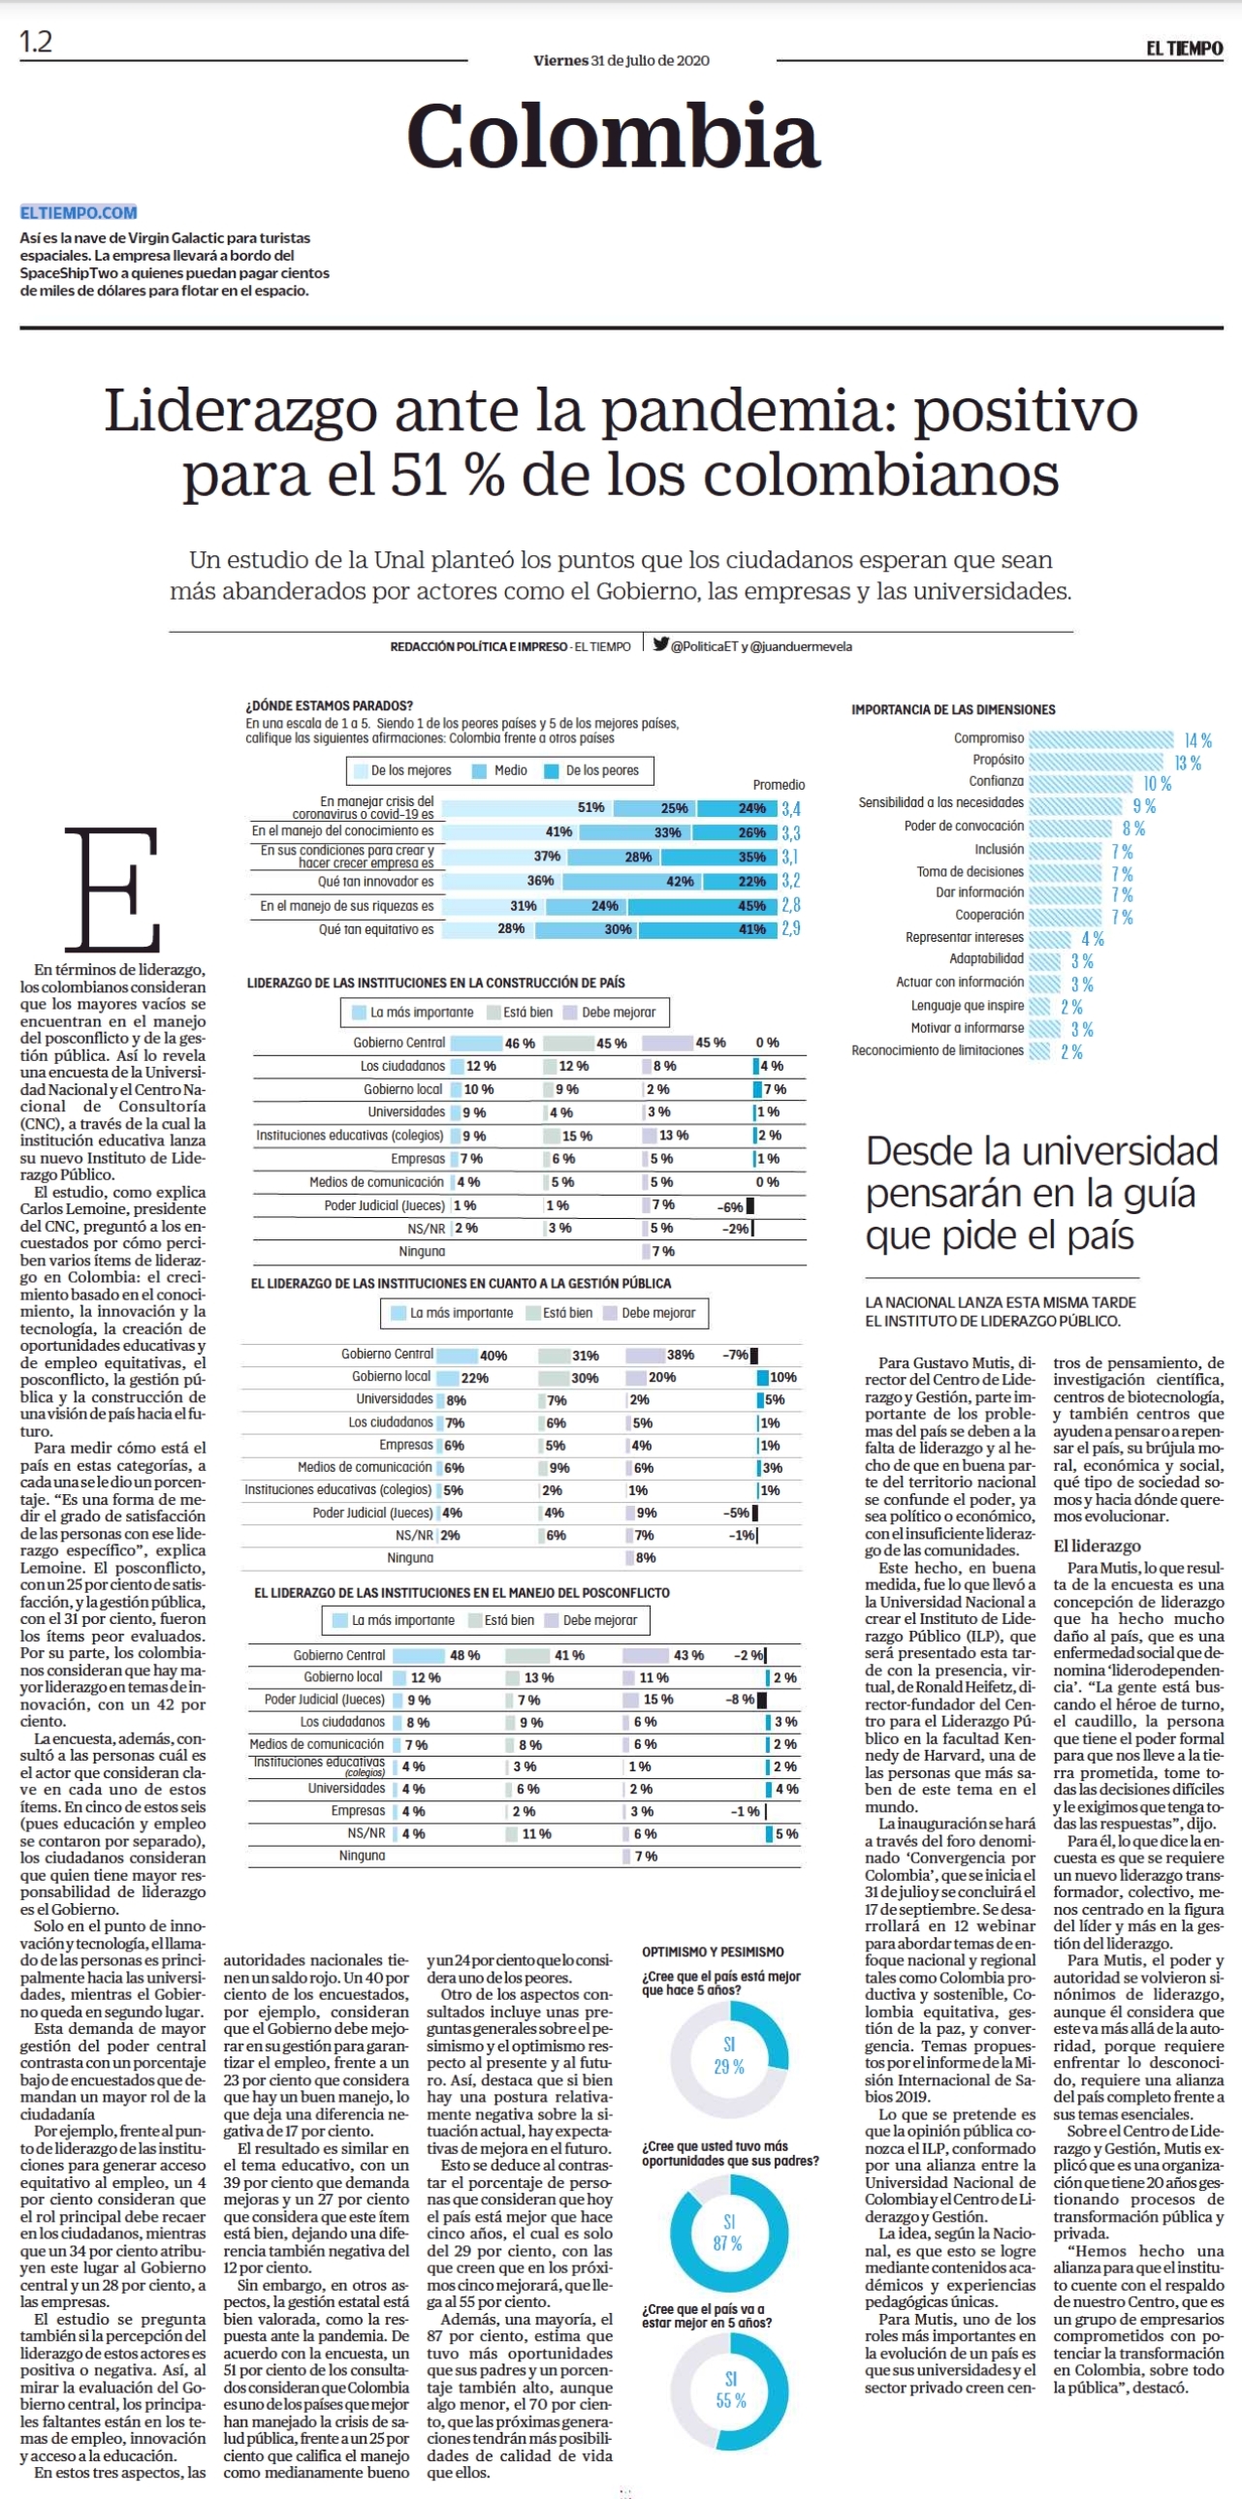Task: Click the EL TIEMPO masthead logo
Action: click(x=1184, y=48)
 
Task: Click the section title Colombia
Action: click(x=613, y=136)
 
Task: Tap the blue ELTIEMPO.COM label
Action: click(x=79, y=212)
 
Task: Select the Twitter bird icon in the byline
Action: click(x=661, y=643)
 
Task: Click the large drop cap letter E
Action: click(x=111, y=890)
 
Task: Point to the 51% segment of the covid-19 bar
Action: click(x=527, y=807)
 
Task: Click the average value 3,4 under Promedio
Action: click(x=791, y=808)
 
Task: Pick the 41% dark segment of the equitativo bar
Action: click(x=709, y=928)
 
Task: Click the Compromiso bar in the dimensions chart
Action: click(x=1101, y=739)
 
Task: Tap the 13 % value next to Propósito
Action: click(x=1188, y=763)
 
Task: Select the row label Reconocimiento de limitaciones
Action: click(x=938, y=1050)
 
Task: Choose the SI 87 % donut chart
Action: click(x=729, y=2233)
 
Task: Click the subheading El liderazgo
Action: click(x=1098, y=1546)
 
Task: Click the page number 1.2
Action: click(x=36, y=42)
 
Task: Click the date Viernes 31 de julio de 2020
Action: click(x=621, y=60)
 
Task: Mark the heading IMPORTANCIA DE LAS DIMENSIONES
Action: click(x=953, y=709)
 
